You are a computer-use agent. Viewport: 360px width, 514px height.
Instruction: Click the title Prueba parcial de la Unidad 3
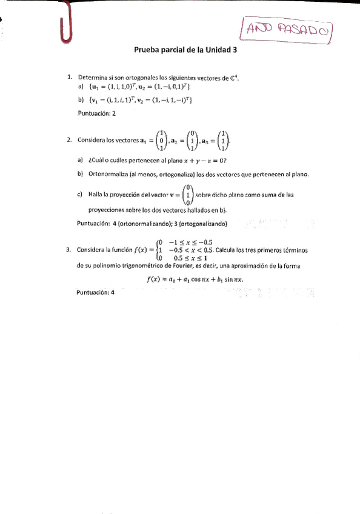pos(185,52)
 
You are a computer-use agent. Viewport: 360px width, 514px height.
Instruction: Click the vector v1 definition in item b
pos(116,100)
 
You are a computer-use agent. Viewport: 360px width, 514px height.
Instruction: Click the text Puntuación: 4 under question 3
pos(96,293)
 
